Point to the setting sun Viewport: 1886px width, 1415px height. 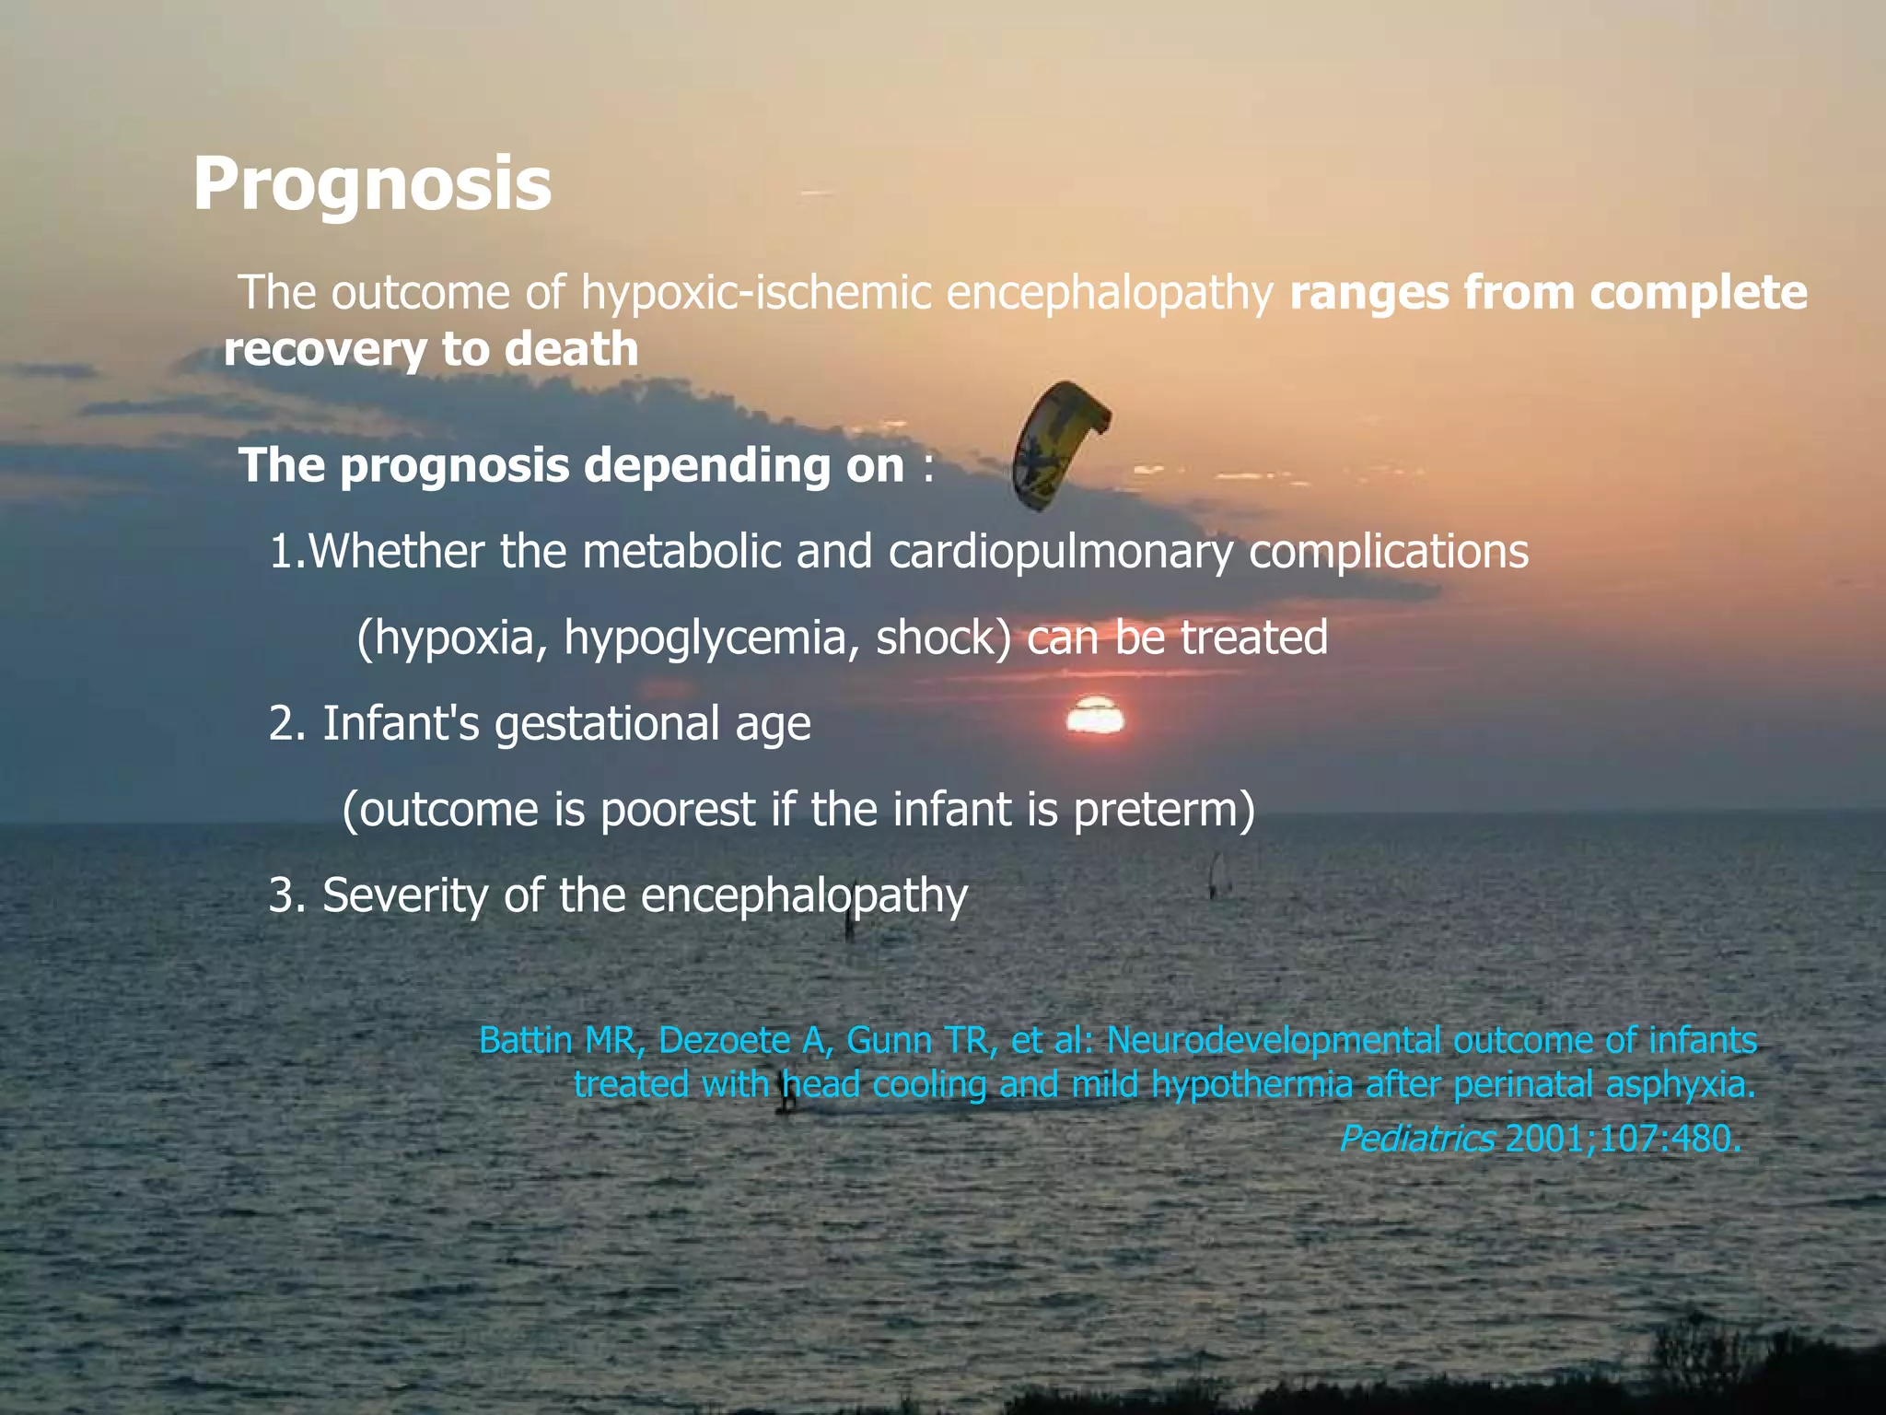pos(1095,717)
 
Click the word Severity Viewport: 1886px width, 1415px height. pos(404,895)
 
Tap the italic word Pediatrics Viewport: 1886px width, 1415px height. pos(1416,1140)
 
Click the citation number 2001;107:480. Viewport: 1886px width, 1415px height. pos(1623,1140)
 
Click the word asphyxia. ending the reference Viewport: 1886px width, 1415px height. pos(1681,1085)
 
